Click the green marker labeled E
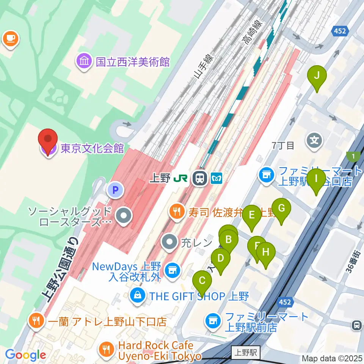[x=251, y=217]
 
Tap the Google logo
[x=25, y=355]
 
